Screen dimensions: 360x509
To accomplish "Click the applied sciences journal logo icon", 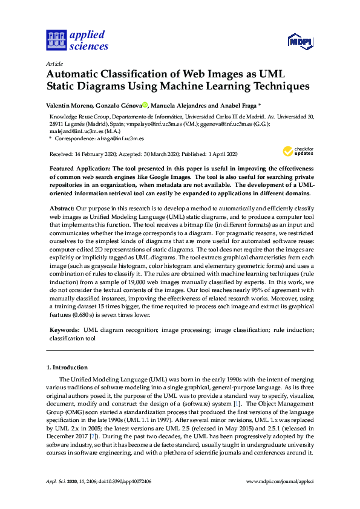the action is [56, 40].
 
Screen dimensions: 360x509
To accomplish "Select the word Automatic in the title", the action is [74, 74].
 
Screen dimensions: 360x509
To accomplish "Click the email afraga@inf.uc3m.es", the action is [105, 138].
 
